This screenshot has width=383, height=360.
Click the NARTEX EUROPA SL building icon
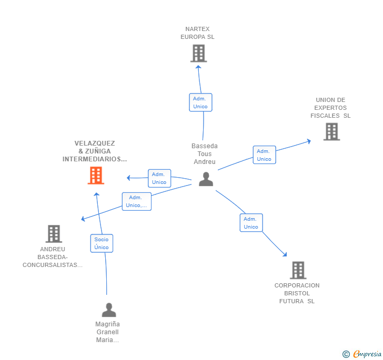tap(198, 53)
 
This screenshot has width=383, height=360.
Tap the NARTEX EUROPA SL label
tap(197, 33)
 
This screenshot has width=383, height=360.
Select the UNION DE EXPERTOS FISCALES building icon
tap(331, 131)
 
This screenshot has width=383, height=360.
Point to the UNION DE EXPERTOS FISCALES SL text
tap(330, 108)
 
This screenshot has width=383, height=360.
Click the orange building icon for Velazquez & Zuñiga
tap(96, 176)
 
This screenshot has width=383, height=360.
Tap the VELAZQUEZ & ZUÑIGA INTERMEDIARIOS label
tap(95, 151)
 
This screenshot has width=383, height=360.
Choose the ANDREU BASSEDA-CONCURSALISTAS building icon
tap(54, 234)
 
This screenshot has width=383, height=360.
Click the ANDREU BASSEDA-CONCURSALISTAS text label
tap(53, 257)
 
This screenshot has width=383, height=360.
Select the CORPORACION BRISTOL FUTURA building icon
tap(298, 270)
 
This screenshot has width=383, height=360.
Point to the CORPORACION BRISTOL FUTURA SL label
tap(297, 293)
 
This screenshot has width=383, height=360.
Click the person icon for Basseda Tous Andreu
tap(206, 179)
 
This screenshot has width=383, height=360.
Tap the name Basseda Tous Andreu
tap(205, 154)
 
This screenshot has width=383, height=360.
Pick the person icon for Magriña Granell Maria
tap(109, 310)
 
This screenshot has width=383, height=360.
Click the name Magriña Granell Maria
tap(107, 332)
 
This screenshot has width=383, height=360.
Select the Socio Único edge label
tap(102, 243)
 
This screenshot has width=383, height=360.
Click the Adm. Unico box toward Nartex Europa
tap(200, 102)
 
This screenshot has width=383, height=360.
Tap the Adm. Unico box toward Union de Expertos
tap(264, 155)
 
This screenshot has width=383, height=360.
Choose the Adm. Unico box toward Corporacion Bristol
tap(251, 223)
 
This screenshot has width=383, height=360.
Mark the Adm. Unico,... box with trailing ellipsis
tap(137, 201)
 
